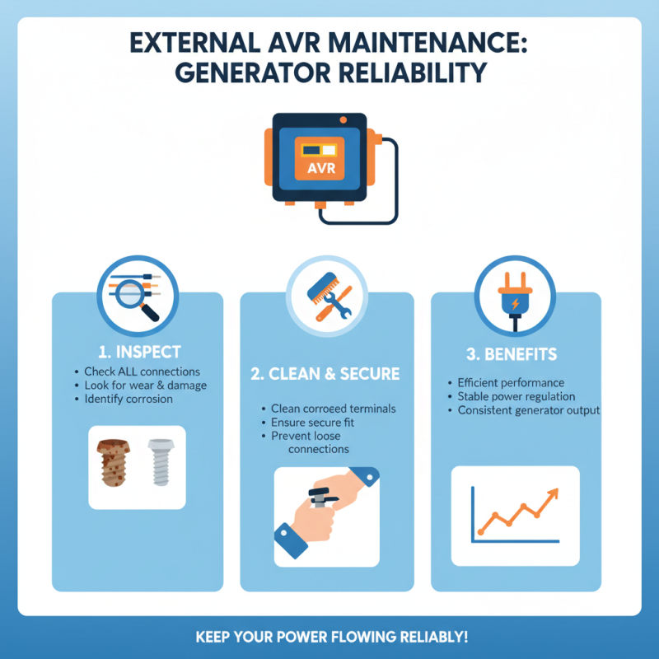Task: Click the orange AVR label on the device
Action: [317, 168]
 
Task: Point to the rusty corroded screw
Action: [113, 465]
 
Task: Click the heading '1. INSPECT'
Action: [137, 352]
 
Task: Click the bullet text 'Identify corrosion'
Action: [129, 399]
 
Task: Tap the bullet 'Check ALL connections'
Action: [142, 372]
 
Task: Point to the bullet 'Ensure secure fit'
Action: [316, 422]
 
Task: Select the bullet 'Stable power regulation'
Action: [516, 396]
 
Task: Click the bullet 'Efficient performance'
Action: [511, 383]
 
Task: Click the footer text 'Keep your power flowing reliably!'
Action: [331, 638]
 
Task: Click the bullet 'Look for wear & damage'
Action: [146, 386]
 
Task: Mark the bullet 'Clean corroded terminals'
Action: [333, 409]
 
